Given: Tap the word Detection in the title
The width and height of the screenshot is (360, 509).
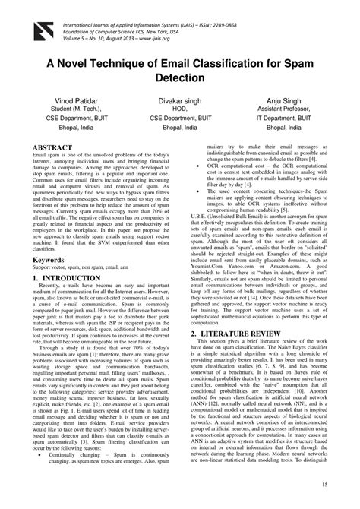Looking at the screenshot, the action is (180, 77).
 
